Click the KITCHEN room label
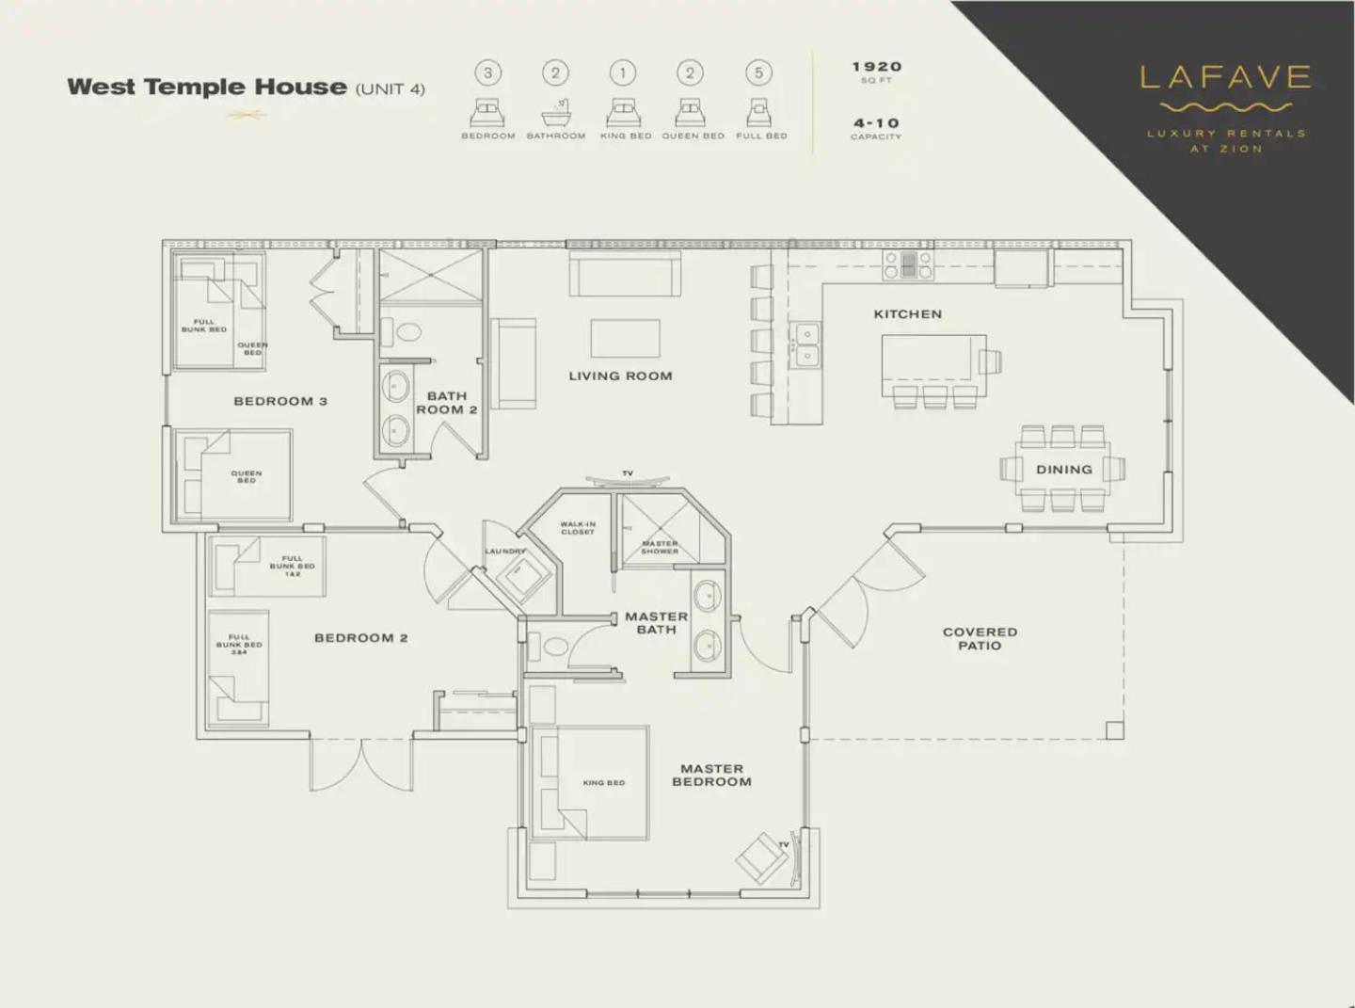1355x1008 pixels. (x=907, y=314)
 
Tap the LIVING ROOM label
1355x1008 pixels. (x=620, y=376)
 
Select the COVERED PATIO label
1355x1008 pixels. (x=980, y=639)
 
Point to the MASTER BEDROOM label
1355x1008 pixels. (x=711, y=776)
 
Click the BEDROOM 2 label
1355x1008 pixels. (x=360, y=638)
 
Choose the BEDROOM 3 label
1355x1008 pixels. (x=279, y=401)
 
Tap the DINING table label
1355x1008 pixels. (x=1063, y=470)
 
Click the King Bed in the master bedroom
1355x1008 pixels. (x=603, y=782)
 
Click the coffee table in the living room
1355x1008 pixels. (x=625, y=339)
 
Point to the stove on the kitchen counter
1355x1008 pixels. (x=908, y=264)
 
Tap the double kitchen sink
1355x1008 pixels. (x=806, y=344)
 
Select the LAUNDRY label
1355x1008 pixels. (x=505, y=552)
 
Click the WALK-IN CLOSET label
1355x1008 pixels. (x=578, y=528)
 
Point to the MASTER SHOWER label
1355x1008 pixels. (x=660, y=547)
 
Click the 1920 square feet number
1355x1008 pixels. (x=876, y=67)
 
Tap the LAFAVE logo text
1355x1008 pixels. (x=1225, y=77)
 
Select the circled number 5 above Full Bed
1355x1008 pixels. (x=758, y=73)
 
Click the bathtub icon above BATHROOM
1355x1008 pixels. (x=556, y=114)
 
